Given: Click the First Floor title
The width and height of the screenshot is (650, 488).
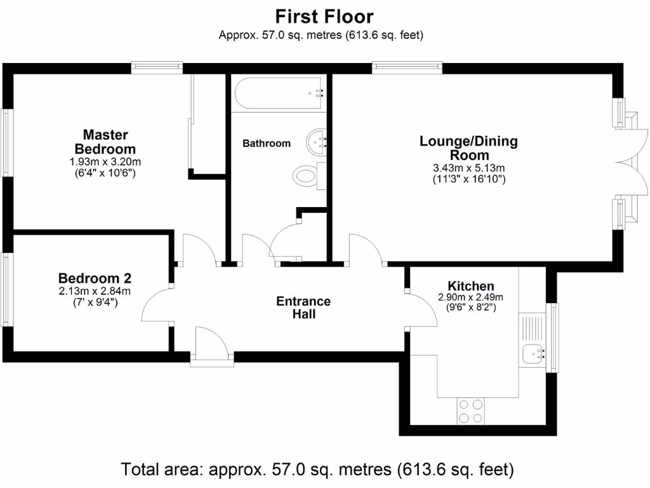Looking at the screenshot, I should (x=324, y=16).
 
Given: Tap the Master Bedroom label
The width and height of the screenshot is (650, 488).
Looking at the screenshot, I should (x=105, y=141).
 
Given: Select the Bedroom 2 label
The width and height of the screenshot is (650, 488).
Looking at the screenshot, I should (x=95, y=278).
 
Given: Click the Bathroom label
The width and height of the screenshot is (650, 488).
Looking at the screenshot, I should (x=267, y=144).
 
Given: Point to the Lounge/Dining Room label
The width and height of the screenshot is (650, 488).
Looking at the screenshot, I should (x=468, y=147).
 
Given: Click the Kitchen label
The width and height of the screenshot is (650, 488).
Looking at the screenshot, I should (x=470, y=286).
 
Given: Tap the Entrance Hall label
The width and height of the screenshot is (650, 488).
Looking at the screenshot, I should (x=303, y=308).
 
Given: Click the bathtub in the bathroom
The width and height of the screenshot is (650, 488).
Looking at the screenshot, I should (x=279, y=93).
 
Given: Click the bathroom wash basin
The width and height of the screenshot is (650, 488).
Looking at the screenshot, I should (x=317, y=140).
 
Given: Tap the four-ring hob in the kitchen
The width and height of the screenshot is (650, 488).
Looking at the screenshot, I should (x=470, y=410).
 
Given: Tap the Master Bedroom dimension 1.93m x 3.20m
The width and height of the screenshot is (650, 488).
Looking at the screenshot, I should (x=105, y=162).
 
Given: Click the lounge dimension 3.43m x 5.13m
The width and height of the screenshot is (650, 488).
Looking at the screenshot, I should (x=468, y=168).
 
